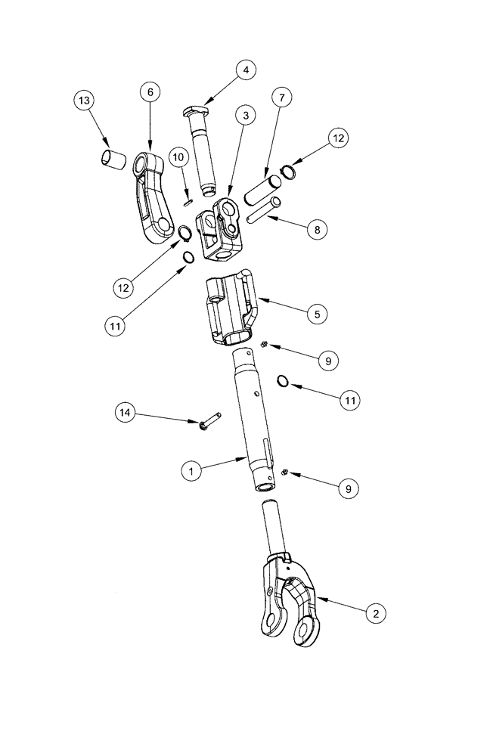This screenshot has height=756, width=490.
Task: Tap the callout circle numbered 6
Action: click(149, 91)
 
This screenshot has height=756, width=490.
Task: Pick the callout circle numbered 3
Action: click(245, 115)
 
